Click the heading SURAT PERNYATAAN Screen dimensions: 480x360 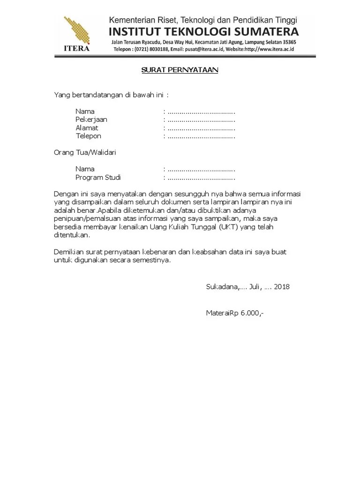pyautogui.click(x=180, y=70)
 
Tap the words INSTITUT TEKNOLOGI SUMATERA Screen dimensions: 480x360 pyautogui.click(x=203, y=32)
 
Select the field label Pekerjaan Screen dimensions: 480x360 pyautogui.click(x=91, y=120)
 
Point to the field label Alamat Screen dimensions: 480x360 pyautogui.click(x=87, y=128)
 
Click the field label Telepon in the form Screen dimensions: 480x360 pyautogui.click(x=89, y=136)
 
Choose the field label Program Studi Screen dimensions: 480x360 pyautogui.click(x=98, y=178)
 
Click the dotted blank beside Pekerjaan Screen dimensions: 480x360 pyautogui.click(x=201, y=120)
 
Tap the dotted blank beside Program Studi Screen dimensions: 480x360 pyautogui.click(x=201, y=178)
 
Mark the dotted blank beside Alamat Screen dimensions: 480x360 pyautogui.click(x=201, y=128)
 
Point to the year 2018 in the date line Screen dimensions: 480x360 pyautogui.click(x=282, y=286)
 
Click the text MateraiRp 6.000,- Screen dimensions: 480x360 pyautogui.click(x=234, y=313)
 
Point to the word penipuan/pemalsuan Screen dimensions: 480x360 pyautogui.click(x=91, y=218)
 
